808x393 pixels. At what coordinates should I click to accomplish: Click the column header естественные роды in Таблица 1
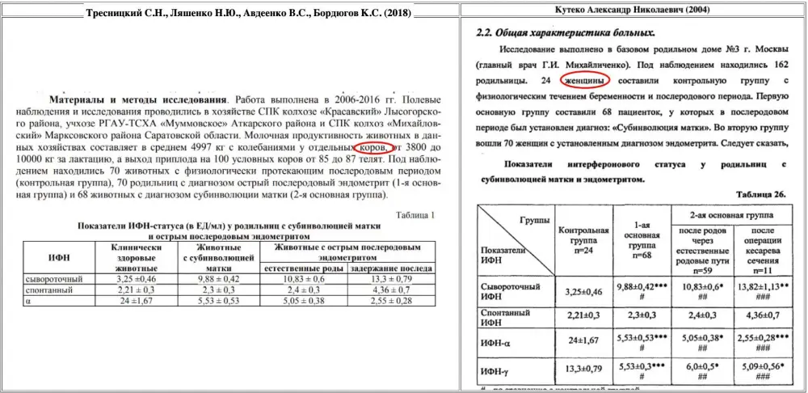click(x=303, y=267)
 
